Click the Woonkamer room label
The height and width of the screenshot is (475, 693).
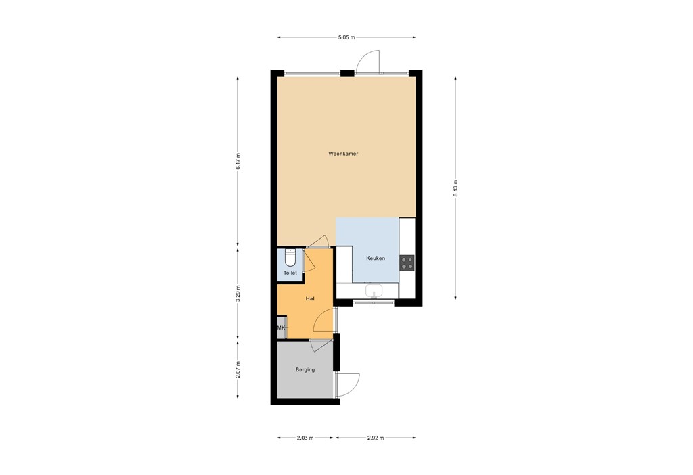click(342, 154)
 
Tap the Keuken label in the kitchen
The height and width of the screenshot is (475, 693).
click(376, 258)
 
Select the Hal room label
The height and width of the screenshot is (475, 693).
click(310, 298)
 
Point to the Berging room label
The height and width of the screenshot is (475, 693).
click(305, 369)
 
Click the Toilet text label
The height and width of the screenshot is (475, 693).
click(290, 273)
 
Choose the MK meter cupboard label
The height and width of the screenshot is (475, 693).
click(281, 328)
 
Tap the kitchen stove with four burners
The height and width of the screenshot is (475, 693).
click(407, 263)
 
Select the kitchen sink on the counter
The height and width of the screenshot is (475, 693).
click(373, 291)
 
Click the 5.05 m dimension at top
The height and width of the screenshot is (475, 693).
click(346, 37)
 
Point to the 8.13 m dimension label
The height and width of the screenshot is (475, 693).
click(455, 187)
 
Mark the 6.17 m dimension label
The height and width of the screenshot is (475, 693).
click(238, 161)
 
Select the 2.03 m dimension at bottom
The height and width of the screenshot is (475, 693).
click(305, 438)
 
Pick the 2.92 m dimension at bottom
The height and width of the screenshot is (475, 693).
click(375, 438)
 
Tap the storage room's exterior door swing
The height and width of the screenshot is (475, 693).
click(349, 384)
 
